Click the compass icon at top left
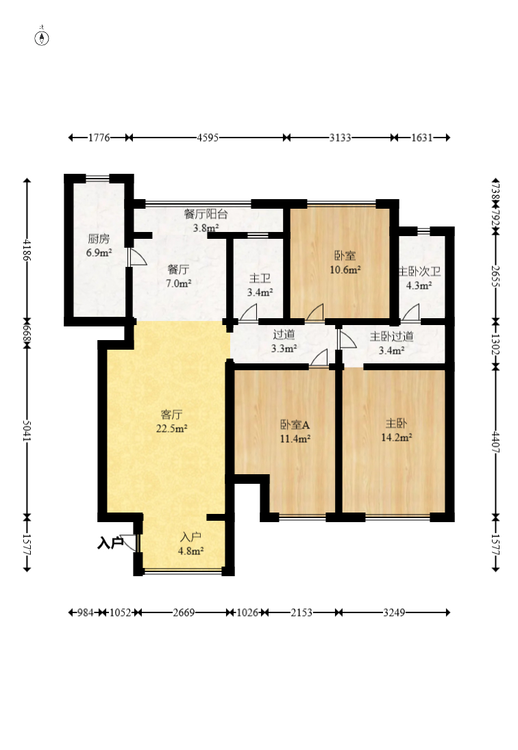[x=42, y=38]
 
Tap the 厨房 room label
[x=99, y=239]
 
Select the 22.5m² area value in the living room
[x=171, y=428]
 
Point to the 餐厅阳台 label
[x=206, y=214]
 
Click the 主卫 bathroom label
[x=260, y=279]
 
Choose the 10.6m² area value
[x=345, y=270]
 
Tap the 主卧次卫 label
[x=419, y=272]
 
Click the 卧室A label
[x=295, y=424]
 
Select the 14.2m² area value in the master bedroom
[x=397, y=437]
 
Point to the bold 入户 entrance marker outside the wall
[x=110, y=543]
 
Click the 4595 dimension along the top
[x=208, y=138]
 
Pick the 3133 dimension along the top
[x=340, y=138]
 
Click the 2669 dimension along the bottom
[x=184, y=612]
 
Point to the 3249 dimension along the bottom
[x=394, y=612]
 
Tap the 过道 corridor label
[x=284, y=335]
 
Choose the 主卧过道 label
[x=392, y=337]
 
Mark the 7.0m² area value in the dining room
[x=179, y=283]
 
